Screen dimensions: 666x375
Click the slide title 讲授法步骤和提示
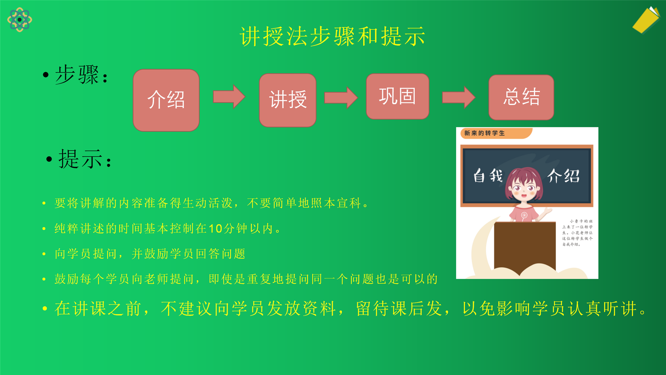coord(333,36)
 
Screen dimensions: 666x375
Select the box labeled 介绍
coord(166,100)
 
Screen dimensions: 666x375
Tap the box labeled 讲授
coord(288,100)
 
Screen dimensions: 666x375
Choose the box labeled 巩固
coord(398,96)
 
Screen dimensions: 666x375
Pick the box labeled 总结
coord(521,97)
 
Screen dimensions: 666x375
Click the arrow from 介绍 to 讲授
coord(229,97)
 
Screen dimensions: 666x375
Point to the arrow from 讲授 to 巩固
coord(341,98)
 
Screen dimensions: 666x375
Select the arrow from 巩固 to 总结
coord(459,97)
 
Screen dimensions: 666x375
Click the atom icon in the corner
coord(20,20)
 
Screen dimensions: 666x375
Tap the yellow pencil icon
coord(646,20)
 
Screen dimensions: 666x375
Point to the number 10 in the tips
coord(215,229)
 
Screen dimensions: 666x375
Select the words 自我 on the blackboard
coord(488,175)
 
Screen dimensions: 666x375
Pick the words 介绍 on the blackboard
coord(563,176)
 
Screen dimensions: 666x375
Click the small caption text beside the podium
coord(577,233)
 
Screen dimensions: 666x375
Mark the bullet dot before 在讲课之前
coord(45,308)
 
